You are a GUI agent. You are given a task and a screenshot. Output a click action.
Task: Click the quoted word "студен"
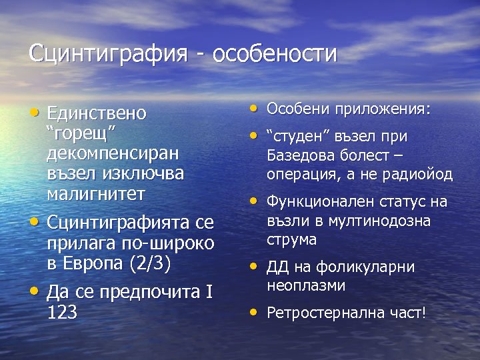[x=294, y=137]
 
